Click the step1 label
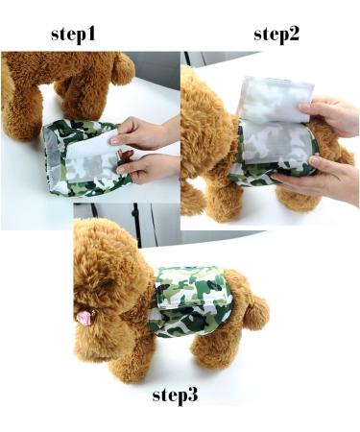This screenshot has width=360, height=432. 73,34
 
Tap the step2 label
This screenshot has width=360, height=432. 276,34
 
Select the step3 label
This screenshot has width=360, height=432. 175,395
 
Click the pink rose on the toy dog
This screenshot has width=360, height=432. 84,318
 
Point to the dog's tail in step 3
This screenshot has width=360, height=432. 255,310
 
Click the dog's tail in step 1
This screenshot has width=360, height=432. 123,68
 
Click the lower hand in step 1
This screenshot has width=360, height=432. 149,167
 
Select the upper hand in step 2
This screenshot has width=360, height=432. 329,115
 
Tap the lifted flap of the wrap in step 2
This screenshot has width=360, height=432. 276,100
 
